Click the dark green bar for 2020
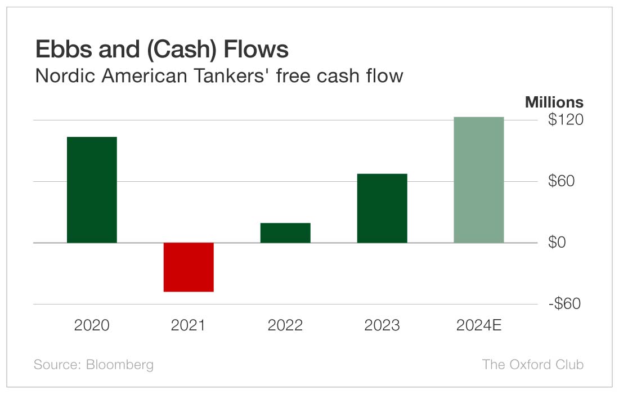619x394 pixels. (x=92, y=190)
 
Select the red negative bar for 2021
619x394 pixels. (x=189, y=267)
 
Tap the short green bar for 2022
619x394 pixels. (x=285, y=233)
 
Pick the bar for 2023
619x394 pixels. (x=382, y=208)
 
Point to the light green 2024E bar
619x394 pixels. (x=479, y=180)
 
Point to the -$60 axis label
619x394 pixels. (x=564, y=304)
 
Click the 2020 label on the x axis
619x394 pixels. (x=92, y=325)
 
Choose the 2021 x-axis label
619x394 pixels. (x=189, y=325)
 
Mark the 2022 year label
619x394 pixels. (x=285, y=325)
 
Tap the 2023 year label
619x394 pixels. (x=382, y=325)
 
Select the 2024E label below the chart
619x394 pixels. (x=479, y=325)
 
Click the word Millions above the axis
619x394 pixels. (x=554, y=102)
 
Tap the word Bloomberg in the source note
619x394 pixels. (x=119, y=364)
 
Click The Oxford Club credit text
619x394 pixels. (x=533, y=364)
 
